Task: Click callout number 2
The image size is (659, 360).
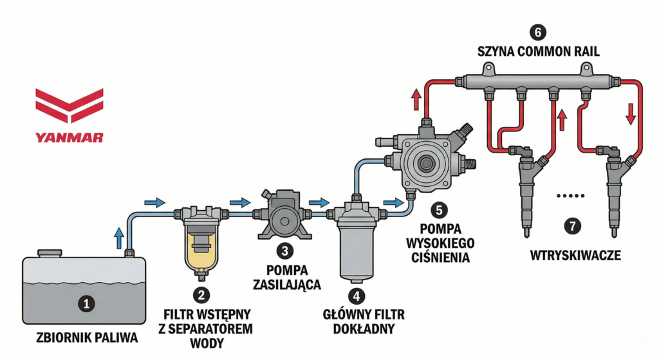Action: pyautogui.click(x=202, y=296)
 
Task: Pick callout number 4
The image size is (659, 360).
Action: pyautogui.click(x=356, y=296)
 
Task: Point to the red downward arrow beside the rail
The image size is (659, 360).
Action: pyautogui.click(x=631, y=113)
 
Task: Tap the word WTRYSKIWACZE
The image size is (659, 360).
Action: pyautogui.click(x=575, y=256)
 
